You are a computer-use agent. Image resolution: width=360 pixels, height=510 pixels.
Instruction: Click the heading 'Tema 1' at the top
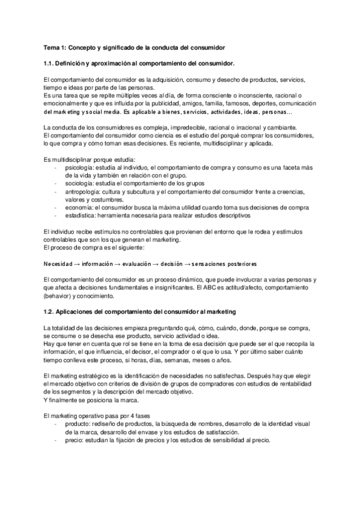(55, 46)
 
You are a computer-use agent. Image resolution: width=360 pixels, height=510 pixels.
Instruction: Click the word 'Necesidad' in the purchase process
(59, 263)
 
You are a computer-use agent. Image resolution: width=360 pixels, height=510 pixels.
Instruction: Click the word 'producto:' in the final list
(76, 424)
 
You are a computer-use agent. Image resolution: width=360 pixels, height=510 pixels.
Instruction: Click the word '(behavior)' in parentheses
(58, 296)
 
